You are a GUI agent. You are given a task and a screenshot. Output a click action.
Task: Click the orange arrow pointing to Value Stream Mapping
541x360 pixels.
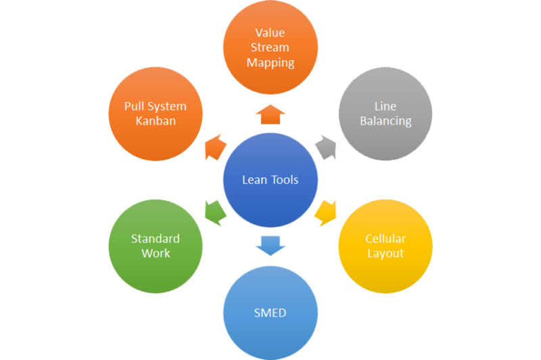[270, 114]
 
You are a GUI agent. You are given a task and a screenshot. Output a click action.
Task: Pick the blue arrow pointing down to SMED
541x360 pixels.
[270, 245]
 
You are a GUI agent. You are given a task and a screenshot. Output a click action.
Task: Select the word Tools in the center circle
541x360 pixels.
[284, 180]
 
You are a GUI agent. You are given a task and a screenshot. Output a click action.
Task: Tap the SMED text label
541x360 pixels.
[270, 313]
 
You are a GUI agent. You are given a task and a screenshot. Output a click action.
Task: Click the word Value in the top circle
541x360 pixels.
[270, 32]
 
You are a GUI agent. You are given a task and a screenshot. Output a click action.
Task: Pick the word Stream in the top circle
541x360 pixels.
[270, 47]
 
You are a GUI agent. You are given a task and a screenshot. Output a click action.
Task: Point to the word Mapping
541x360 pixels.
[270, 62]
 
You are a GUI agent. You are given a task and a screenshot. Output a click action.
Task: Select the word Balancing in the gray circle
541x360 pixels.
[385, 121]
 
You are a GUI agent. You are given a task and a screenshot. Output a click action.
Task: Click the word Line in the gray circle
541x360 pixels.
[385, 106]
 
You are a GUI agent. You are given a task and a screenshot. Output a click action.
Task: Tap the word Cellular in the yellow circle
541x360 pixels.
[385, 239]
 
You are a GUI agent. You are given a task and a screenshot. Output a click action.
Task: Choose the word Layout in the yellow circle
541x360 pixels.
[385, 254]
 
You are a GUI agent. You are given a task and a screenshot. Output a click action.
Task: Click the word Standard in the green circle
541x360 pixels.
[156, 239]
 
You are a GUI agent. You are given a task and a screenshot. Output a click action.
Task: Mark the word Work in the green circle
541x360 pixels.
[156, 254]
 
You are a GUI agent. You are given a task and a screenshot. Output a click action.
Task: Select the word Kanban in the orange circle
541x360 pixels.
[156, 121]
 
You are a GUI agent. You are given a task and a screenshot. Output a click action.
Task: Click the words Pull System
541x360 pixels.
[156, 106]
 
